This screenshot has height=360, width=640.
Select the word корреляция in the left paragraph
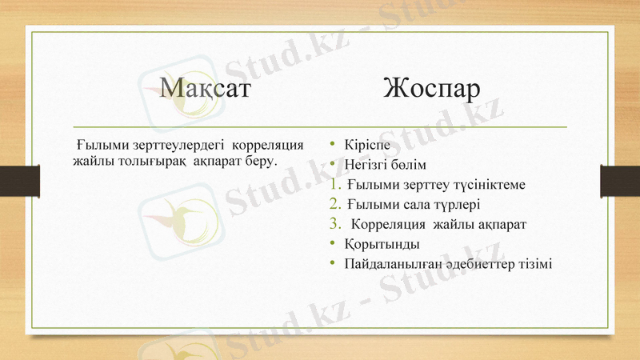[266, 146]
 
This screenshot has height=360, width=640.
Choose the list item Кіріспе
[367, 146]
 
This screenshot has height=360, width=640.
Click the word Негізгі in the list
[366, 166]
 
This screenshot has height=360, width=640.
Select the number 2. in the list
[335, 204]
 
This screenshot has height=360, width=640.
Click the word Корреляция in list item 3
[387, 224]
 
